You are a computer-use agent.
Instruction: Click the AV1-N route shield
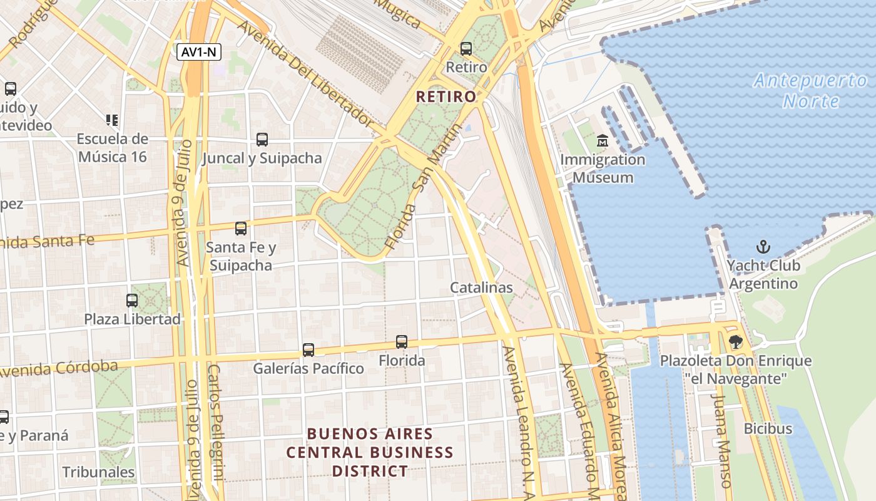200,52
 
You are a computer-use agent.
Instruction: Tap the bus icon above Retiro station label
466,48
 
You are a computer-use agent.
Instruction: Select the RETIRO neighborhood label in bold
446,97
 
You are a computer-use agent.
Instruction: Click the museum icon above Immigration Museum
603,140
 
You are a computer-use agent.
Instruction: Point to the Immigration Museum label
603,168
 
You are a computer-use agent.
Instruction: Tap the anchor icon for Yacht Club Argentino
763,246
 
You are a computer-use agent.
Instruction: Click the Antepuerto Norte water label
810,91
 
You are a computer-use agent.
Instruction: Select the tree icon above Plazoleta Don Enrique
735,342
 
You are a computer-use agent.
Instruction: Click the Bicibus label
768,429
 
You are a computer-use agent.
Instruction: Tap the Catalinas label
481,287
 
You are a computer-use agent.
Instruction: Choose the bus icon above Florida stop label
402,342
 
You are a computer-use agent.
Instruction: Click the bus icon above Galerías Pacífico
308,349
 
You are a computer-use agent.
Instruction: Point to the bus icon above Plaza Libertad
132,300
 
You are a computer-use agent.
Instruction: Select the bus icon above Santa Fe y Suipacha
241,229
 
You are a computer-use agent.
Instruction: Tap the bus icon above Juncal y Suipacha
262,140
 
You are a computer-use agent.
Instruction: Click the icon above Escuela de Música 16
112,120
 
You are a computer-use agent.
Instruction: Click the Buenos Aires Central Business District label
370,452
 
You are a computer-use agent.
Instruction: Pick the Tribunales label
98,472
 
